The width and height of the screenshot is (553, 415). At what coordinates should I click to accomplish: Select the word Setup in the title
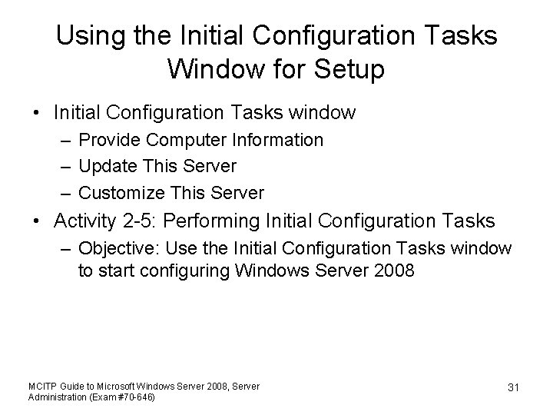point(348,69)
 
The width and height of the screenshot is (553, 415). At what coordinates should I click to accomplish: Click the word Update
point(108,166)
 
